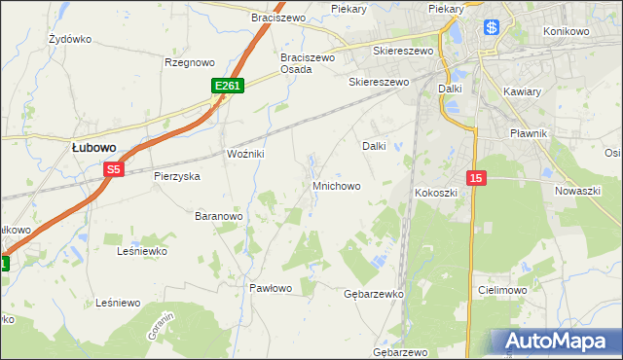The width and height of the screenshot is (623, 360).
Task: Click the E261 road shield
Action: click(x=227, y=87)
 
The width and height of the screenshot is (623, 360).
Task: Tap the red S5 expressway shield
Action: click(x=114, y=169)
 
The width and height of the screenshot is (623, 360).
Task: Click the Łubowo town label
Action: click(x=94, y=147)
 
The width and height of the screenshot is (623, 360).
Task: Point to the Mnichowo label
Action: click(x=337, y=185)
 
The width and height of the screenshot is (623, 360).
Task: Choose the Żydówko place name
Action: click(x=69, y=40)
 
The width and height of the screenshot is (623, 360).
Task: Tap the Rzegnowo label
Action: click(x=189, y=62)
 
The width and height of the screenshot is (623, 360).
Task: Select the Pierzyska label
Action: click(x=177, y=176)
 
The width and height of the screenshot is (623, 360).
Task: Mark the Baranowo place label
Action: click(x=218, y=215)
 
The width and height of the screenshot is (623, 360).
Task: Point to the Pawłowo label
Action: click(x=271, y=288)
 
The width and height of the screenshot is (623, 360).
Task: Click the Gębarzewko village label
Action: click(x=374, y=293)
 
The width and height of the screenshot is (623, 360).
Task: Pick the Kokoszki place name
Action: click(x=436, y=193)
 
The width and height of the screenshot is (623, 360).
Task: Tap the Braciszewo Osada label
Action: click(x=308, y=63)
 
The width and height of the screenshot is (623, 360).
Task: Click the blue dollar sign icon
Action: click(x=492, y=28)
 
